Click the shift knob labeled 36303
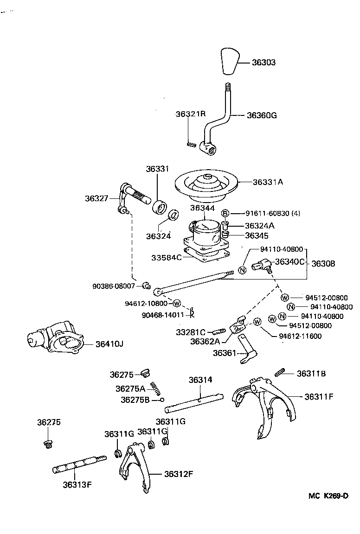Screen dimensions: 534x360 click(230, 60)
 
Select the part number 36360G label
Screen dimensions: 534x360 click(262, 115)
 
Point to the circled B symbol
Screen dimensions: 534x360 click(225, 213)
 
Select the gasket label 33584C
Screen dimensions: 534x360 click(166, 257)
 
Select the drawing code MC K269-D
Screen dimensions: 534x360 click(328, 496)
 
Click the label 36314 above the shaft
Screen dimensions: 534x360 click(200, 380)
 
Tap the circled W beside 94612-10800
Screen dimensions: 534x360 click(176, 304)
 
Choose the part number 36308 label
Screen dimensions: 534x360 click(323, 263)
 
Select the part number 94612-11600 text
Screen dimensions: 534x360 click(300, 336)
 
